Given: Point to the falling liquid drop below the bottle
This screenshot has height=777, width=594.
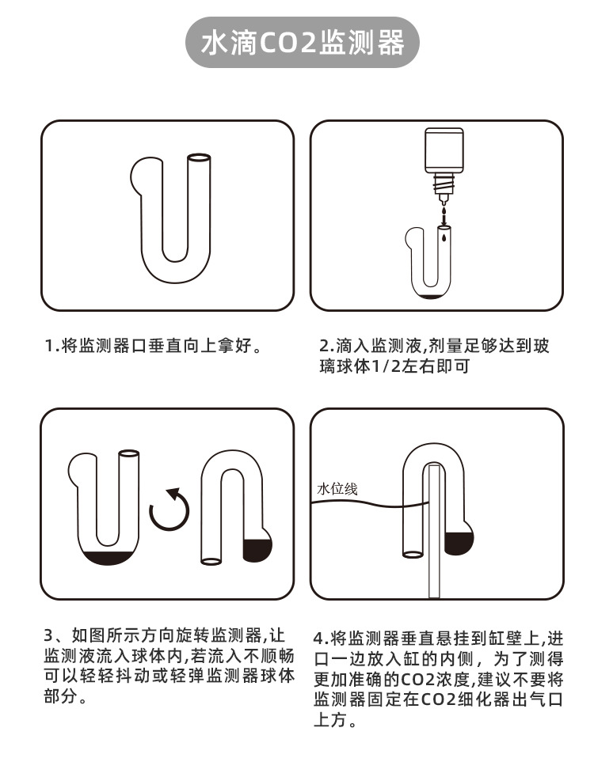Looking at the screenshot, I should [444, 213].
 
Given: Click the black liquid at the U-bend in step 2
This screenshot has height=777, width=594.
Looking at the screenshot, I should [431, 295].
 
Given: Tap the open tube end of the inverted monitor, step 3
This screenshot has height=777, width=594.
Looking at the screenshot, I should [211, 561].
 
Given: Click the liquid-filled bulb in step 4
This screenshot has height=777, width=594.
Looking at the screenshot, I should [459, 541].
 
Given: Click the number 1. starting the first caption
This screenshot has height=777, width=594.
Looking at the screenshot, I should [51, 347].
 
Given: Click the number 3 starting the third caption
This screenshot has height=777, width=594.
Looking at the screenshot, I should [49, 635].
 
